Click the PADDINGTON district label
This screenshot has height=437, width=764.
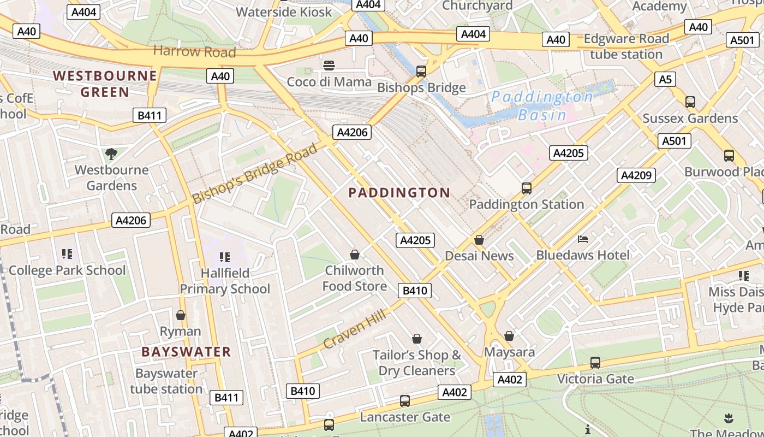tap(399, 193)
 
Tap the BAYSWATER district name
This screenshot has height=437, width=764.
tap(186, 352)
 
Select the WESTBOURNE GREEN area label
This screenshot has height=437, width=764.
tap(105, 84)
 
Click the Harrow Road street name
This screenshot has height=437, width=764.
tap(194, 51)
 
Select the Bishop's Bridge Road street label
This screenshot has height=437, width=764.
tap(254, 173)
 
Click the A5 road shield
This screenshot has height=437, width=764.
tap(665, 79)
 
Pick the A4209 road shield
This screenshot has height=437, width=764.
tap(636, 175)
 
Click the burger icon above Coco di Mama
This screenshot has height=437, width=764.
tap(329, 66)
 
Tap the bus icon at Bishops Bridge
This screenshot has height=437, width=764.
tap(421, 71)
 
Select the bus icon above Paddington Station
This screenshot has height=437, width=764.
tap(526, 188)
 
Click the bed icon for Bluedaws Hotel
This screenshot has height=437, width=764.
tap(583, 239)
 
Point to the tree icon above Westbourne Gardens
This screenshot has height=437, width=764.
tap(111, 154)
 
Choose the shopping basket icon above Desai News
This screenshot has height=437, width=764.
tap(479, 240)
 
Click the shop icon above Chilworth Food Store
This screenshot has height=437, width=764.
tap(355, 255)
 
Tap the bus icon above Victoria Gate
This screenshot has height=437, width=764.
tap(595, 362)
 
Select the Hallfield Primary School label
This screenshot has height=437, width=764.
tap(225, 281)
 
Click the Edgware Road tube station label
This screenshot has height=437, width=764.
tap(626, 46)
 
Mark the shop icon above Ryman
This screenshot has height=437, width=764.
tap(181, 315)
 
